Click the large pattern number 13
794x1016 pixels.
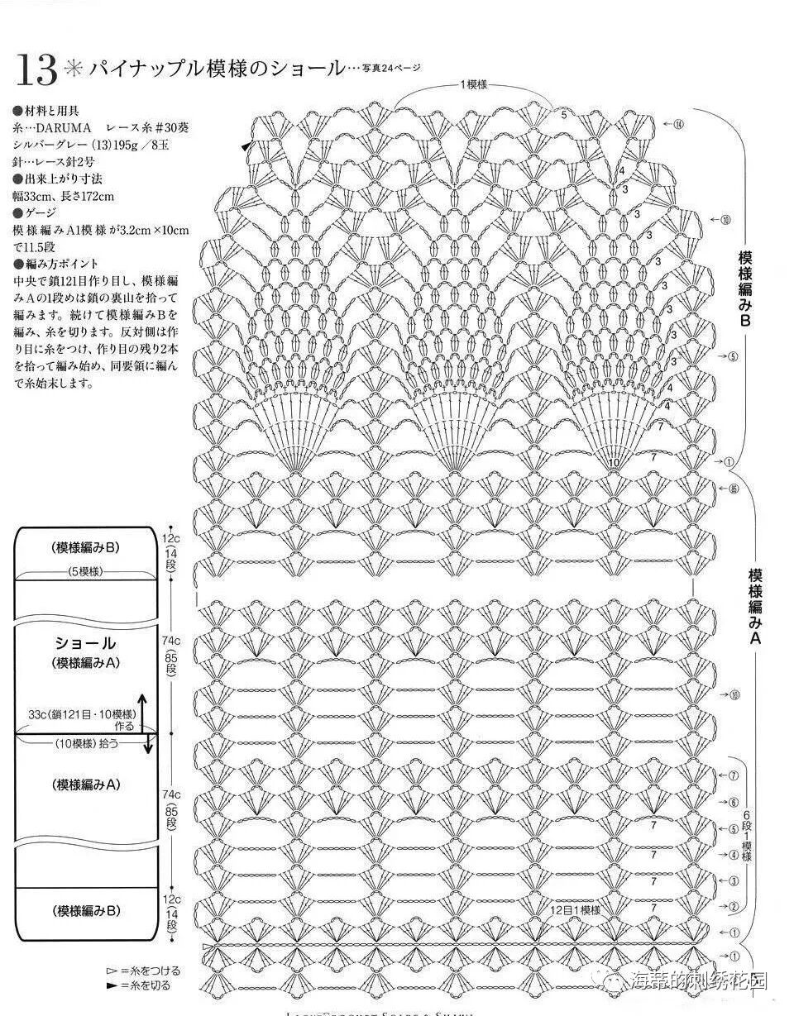tap(36, 72)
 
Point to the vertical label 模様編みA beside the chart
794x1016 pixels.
tap(754, 607)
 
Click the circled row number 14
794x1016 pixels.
tap(678, 125)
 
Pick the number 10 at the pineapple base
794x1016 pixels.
tap(613, 463)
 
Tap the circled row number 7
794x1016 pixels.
tap(733, 776)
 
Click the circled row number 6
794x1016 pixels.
tap(733, 803)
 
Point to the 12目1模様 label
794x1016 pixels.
tap(575, 909)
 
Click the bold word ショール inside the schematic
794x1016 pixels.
tap(85, 642)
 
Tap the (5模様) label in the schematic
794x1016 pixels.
tap(85, 571)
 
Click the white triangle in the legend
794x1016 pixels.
tap(112, 971)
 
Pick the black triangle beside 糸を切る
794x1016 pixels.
tap(112, 985)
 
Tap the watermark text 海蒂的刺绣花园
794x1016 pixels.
tap(699, 980)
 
